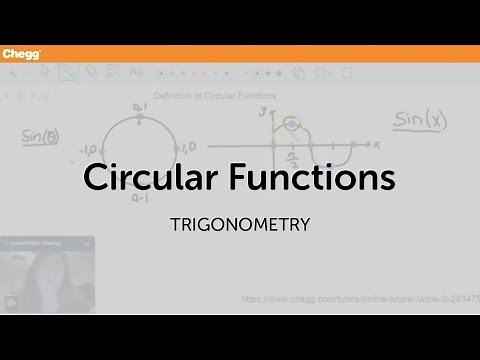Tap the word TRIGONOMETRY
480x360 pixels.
click(239, 223)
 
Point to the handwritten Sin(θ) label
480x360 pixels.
click(38, 134)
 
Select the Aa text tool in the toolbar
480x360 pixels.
click(136, 72)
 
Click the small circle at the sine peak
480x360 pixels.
click(291, 124)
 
